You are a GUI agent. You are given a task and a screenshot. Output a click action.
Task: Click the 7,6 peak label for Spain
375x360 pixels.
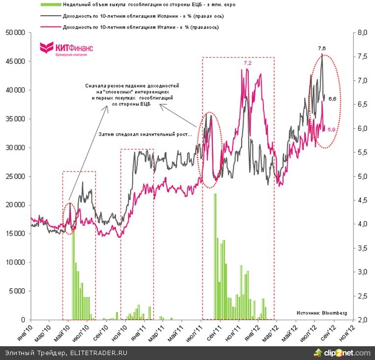pyautogui.click(x=322, y=48)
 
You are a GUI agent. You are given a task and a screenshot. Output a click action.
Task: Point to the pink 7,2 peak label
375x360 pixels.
pyautogui.click(x=248, y=63)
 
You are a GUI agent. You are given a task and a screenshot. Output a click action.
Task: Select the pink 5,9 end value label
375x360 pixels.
pyautogui.click(x=331, y=129)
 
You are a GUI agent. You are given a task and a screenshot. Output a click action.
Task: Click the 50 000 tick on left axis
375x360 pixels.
pyautogui.click(x=15, y=33)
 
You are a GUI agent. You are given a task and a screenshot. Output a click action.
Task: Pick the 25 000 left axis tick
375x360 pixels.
pyautogui.click(x=15, y=177)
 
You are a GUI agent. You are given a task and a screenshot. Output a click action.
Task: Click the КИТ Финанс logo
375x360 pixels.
pyautogui.click(x=66, y=48)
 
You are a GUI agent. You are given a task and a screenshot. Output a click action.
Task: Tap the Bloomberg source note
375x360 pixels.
pyautogui.click(x=322, y=312)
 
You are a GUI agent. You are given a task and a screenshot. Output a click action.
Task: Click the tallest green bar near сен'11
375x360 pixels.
pyautogui.click(x=215, y=256)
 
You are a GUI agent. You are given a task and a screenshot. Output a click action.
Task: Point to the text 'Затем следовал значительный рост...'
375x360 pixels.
pyautogui.click(x=146, y=134)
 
